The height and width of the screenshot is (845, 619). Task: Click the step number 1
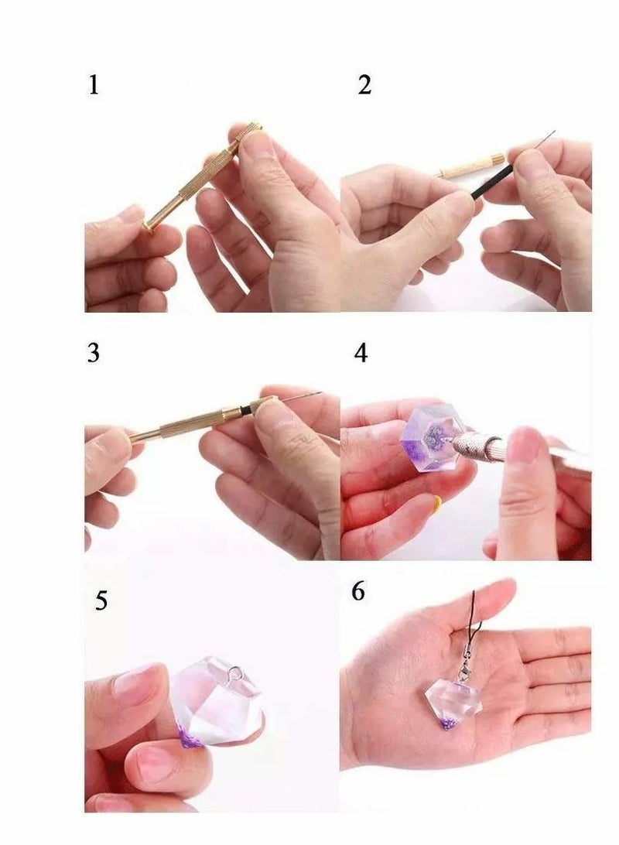[x=94, y=84]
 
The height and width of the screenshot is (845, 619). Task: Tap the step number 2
[x=364, y=84]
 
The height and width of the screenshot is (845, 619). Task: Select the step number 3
[x=94, y=353]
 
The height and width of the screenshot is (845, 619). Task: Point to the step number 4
[x=361, y=353]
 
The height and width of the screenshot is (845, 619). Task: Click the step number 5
[x=101, y=601]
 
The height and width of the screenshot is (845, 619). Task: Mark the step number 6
[x=358, y=591]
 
